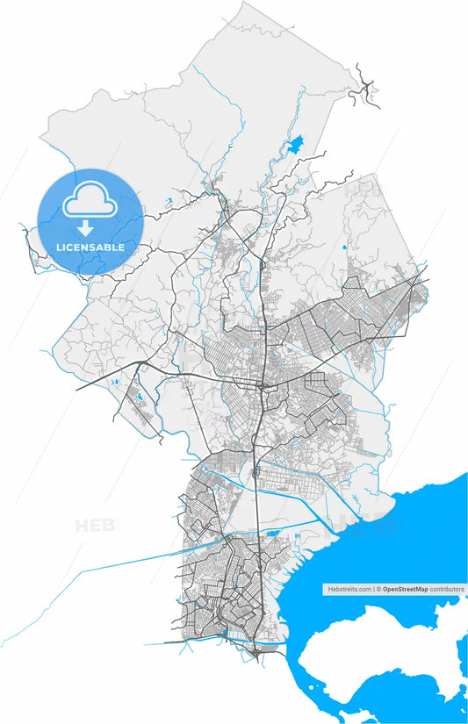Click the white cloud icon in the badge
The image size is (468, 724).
coord(90,201)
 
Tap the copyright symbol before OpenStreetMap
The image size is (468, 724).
coord(379,590)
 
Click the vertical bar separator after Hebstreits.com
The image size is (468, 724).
coord(373,590)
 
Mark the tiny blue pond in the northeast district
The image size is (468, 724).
coord(344,247)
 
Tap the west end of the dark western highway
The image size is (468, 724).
coord(77,389)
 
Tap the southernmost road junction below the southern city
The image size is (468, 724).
coord(255,650)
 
